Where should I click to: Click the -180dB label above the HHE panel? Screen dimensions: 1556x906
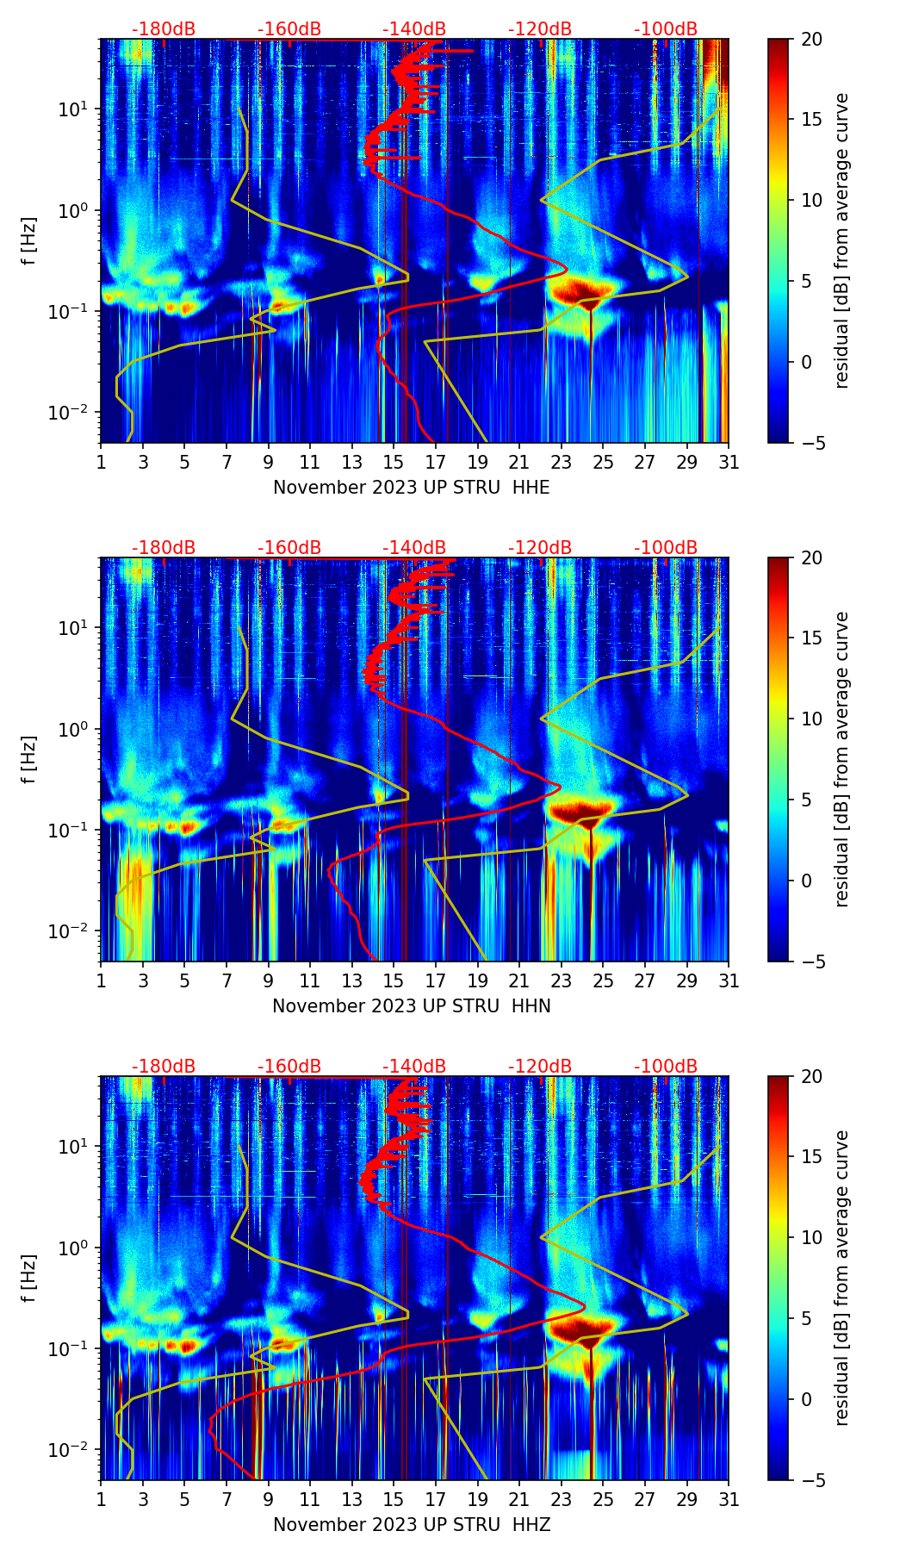[164, 29]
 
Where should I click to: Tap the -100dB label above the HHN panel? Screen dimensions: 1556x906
[666, 548]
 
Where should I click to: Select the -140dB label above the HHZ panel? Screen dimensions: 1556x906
[414, 1067]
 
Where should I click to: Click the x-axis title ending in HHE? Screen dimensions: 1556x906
[411, 488]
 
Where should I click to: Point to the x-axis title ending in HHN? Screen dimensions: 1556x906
[411, 1006]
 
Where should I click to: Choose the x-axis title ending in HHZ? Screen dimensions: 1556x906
[411, 1525]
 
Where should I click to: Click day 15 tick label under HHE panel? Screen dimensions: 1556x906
[394, 462]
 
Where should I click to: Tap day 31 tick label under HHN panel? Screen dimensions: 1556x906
[729, 980]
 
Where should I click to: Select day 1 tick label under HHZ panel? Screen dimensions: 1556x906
[102, 1499]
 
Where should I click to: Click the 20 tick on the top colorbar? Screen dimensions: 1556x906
[811, 39]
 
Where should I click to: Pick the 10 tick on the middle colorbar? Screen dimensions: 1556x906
[811, 719]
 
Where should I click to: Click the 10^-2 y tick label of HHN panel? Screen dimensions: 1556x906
[72, 931]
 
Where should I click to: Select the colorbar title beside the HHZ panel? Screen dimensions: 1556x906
[842, 1278]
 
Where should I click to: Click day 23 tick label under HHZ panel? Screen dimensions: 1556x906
[561, 1499]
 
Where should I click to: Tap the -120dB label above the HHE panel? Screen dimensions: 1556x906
[540, 29]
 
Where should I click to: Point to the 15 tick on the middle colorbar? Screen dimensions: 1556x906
[811, 638]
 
